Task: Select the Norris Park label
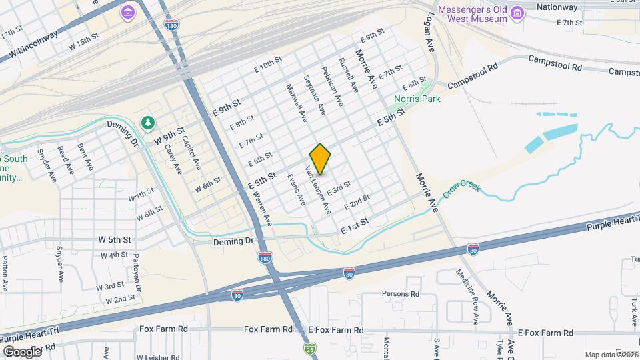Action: coord(417,99)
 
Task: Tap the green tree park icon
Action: coord(147,123)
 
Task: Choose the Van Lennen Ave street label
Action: coord(318,190)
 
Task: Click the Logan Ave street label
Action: coord(427,34)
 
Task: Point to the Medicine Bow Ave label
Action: coord(466,291)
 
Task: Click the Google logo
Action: coord(22,351)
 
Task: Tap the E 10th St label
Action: coord(269,65)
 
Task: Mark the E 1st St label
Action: coord(354,225)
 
